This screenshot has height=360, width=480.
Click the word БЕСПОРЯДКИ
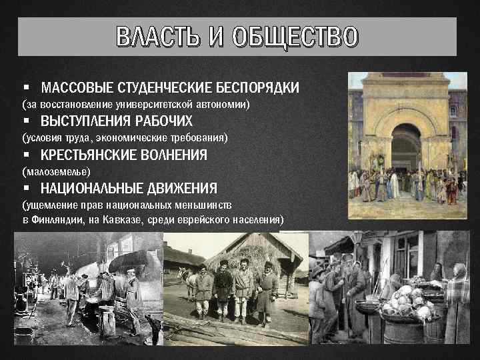257,88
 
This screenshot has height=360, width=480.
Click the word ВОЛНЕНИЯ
175,155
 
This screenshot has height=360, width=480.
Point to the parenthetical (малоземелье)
56,171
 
